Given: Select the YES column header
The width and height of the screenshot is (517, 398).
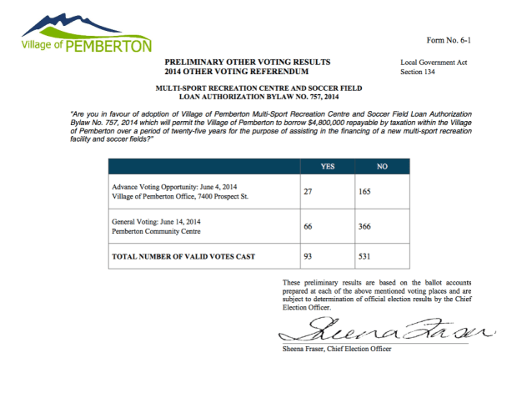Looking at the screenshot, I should point(328,167).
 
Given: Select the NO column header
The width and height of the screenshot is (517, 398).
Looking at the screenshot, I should point(382,167).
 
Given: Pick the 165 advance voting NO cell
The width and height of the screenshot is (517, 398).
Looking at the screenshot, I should point(364,190).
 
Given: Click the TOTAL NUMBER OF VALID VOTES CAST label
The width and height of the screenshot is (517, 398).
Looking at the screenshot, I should point(183,256).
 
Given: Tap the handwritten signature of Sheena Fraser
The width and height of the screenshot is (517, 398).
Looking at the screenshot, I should point(384,330).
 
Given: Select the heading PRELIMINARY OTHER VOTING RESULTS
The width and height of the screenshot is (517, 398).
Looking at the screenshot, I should point(247,63).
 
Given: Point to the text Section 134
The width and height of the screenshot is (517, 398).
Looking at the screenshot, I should point(419,73).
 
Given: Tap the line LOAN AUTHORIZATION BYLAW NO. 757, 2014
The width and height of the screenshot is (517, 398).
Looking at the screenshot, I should point(258,97).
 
